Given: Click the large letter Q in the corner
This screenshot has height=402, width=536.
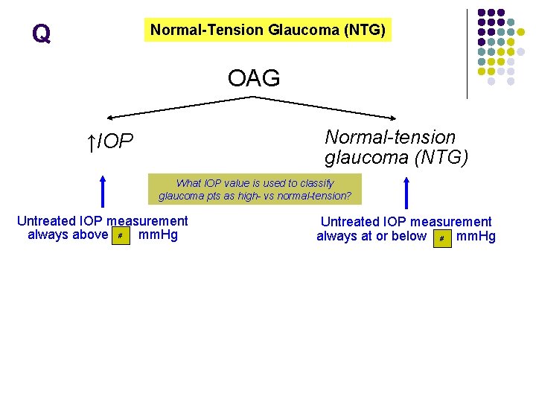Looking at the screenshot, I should [x=41, y=33].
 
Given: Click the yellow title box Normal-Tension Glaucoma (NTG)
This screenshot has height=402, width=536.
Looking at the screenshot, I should [x=267, y=31].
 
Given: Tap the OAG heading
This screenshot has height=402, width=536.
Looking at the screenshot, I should [x=254, y=77].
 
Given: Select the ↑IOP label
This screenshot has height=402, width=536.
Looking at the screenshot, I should [x=110, y=141].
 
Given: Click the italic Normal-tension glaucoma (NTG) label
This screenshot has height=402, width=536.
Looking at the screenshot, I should [x=396, y=147].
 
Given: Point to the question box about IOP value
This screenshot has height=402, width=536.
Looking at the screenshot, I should [x=255, y=190].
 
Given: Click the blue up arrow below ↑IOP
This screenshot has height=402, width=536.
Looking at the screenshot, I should [x=103, y=190].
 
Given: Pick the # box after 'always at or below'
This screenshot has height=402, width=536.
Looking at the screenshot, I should [x=442, y=238].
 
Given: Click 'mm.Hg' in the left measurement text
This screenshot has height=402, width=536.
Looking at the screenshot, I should [x=159, y=235].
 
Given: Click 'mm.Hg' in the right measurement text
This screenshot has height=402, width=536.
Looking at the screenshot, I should [x=476, y=237].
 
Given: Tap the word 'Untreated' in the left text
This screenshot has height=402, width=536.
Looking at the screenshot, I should [x=46, y=221].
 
